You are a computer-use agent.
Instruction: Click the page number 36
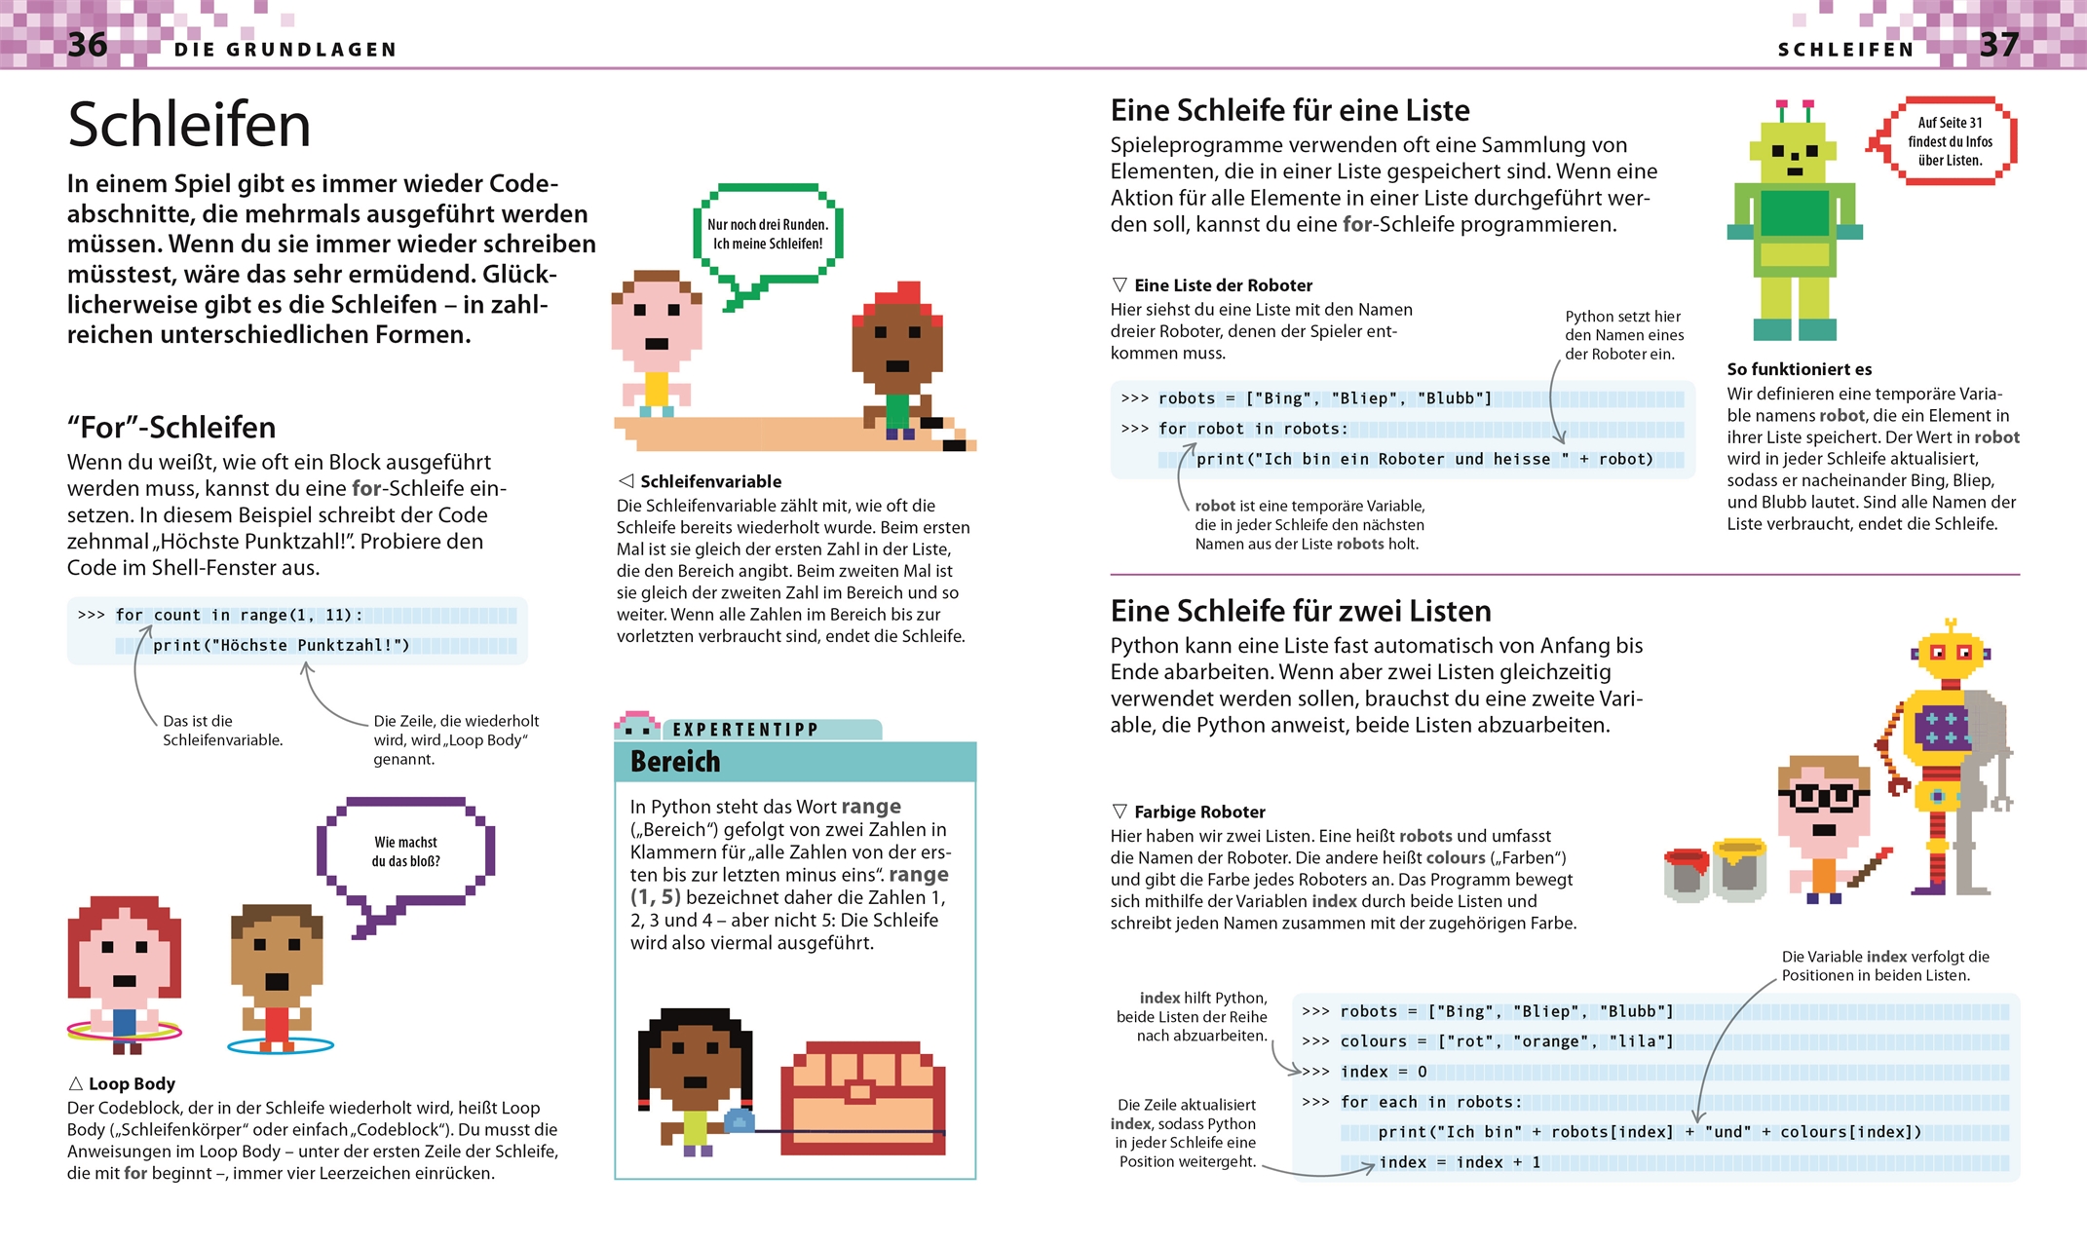(x=88, y=45)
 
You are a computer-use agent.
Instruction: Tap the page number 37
(x=1998, y=45)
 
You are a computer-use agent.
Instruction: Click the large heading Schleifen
(x=189, y=125)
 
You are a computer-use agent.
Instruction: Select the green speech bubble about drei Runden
(x=768, y=234)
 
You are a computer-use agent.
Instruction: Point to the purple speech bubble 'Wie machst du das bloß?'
(x=405, y=851)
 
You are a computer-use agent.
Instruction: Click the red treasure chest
(x=862, y=1098)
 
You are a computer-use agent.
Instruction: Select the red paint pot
(x=1686, y=874)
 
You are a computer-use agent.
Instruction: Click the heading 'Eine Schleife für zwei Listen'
(x=1301, y=611)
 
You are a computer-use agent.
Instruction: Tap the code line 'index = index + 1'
(x=1459, y=1162)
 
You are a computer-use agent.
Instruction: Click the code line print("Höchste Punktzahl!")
(x=281, y=645)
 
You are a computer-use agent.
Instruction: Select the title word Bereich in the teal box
(x=675, y=762)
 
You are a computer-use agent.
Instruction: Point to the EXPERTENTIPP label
(x=745, y=730)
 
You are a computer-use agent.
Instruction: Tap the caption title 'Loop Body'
(x=132, y=1083)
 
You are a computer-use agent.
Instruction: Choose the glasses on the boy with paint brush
(x=1822, y=797)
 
